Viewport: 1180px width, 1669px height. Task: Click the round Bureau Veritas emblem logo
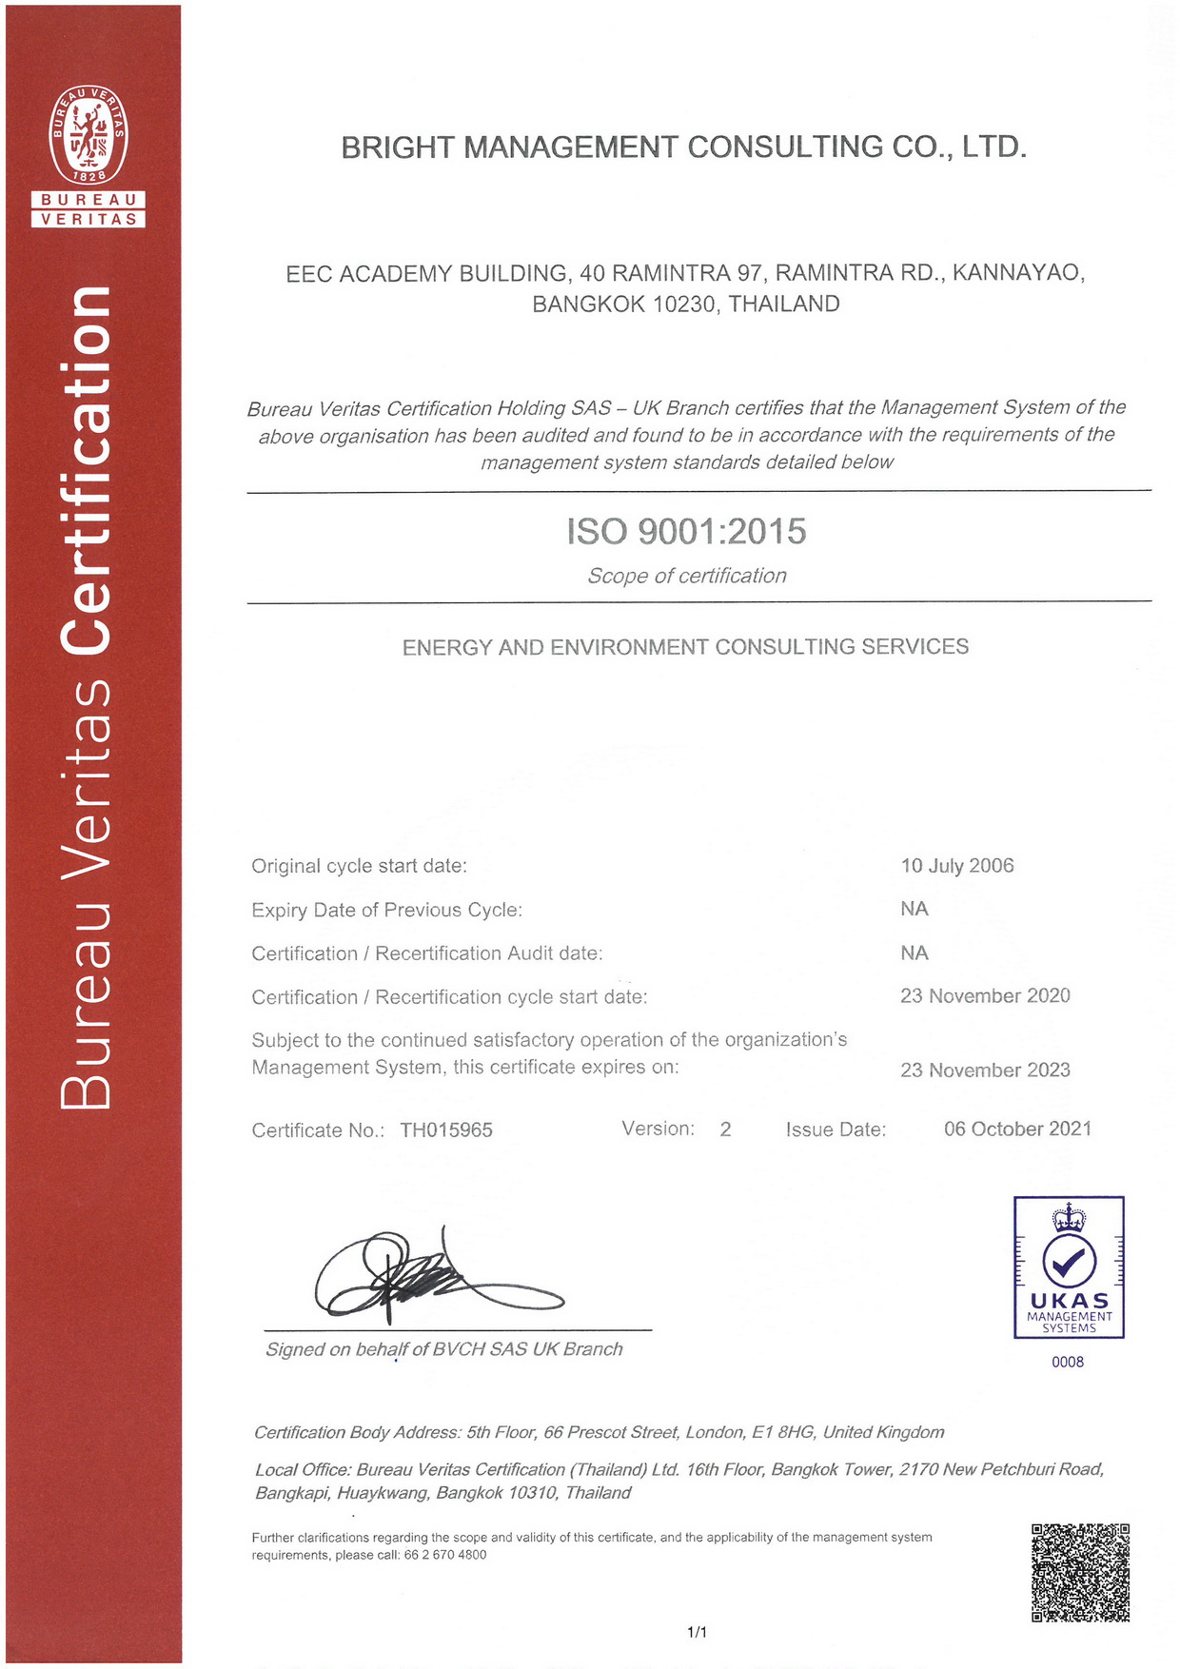(88, 134)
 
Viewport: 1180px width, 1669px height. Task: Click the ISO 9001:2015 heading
(686, 531)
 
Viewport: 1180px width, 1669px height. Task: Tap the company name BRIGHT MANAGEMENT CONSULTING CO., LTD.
(683, 147)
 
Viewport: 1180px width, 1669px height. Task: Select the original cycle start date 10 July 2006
(956, 866)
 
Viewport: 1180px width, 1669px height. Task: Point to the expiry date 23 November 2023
(985, 1070)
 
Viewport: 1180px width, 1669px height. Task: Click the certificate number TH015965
(446, 1130)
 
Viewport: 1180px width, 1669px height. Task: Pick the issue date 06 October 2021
(1017, 1129)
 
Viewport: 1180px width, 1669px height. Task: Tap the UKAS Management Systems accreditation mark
(1069, 1267)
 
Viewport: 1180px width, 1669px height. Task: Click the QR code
(1080, 1572)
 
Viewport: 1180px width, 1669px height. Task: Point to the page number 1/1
(697, 1632)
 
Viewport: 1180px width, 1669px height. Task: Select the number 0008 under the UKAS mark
(1068, 1363)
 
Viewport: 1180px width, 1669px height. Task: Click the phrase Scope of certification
(686, 576)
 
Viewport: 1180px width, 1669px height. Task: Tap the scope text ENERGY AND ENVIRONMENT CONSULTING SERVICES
(685, 647)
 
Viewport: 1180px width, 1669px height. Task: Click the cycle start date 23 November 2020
(985, 996)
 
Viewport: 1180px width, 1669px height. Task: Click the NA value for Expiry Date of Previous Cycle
(914, 909)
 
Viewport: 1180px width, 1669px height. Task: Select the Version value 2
(725, 1129)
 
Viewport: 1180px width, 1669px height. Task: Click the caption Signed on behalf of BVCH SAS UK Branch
(443, 1349)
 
